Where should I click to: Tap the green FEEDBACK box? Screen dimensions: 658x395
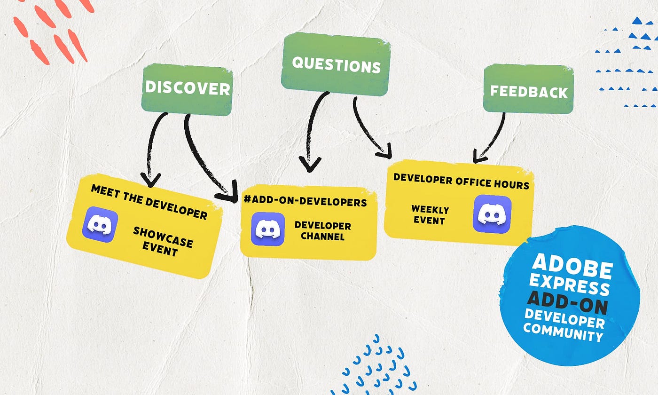529,91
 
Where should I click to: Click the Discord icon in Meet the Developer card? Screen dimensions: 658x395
100,225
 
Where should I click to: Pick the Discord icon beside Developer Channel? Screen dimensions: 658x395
267,229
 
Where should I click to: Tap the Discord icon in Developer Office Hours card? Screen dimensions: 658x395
492,214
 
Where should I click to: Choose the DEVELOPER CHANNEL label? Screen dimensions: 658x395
322,230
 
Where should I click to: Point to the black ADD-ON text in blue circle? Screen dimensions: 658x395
567,303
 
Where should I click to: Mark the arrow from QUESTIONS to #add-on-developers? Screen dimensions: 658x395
310,132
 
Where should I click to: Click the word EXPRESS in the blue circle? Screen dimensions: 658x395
570,285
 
